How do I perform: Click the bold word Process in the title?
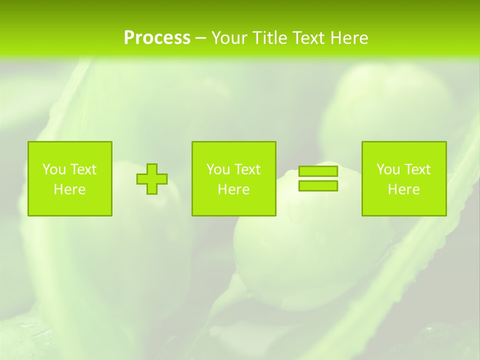[x=157, y=37]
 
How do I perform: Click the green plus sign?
[x=152, y=179]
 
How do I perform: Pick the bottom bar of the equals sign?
[x=318, y=186]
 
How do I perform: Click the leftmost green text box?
[x=70, y=178]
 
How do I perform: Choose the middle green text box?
[x=233, y=178]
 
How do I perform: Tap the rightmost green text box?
[x=404, y=178]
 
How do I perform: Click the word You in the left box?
[x=54, y=169]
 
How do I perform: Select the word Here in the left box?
[x=69, y=189]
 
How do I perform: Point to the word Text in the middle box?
[x=247, y=169]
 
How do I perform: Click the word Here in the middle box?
[x=233, y=189]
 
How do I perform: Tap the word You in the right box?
[x=388, y=169]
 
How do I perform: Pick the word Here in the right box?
[x=403, y=189]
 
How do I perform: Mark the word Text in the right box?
[x=417, y=169]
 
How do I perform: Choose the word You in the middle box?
[x=218, y=169]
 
